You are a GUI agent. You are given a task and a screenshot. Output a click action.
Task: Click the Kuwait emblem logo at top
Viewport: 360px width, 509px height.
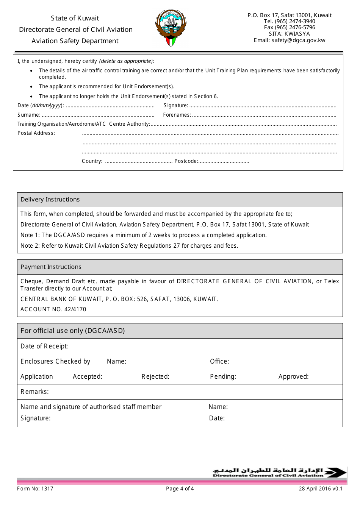[x=171, y=29]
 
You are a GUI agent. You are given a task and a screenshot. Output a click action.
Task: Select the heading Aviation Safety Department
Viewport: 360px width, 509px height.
[x=75, y=41]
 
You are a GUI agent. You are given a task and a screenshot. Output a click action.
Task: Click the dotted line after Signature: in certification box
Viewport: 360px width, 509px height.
[x=262, y=106]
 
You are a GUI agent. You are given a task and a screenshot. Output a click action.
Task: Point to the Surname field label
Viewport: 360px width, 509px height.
[x=29, y=115]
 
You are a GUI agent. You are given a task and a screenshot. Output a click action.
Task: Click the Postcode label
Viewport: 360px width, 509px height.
[x=186, y=161]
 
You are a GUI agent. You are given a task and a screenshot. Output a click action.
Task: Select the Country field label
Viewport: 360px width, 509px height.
[x=92, y=161]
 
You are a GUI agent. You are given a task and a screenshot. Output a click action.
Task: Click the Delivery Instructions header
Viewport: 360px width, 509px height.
[x=50, y=200]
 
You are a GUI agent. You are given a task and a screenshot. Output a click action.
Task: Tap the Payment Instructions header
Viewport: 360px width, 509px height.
[x=51, y=267]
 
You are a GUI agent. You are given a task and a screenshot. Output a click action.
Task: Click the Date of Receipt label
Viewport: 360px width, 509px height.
[x=44, y=346]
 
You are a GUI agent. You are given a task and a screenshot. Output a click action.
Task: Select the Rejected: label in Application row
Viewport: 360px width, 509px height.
[x=155, y=376]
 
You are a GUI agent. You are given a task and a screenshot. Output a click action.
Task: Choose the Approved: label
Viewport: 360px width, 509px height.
[x=293, y=376]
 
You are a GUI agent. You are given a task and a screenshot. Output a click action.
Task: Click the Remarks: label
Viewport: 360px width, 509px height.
[x=34, y=392]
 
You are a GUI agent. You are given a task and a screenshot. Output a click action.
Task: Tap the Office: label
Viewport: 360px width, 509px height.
[x=219, y=361]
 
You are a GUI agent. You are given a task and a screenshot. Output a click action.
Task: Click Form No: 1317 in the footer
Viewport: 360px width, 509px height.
[x=35, y=489]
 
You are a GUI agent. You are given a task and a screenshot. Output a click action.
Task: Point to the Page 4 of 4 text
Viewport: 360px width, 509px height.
[x=180, y=489]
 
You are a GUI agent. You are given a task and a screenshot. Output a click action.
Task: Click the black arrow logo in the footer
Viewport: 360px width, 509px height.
[x=335, y=473]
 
